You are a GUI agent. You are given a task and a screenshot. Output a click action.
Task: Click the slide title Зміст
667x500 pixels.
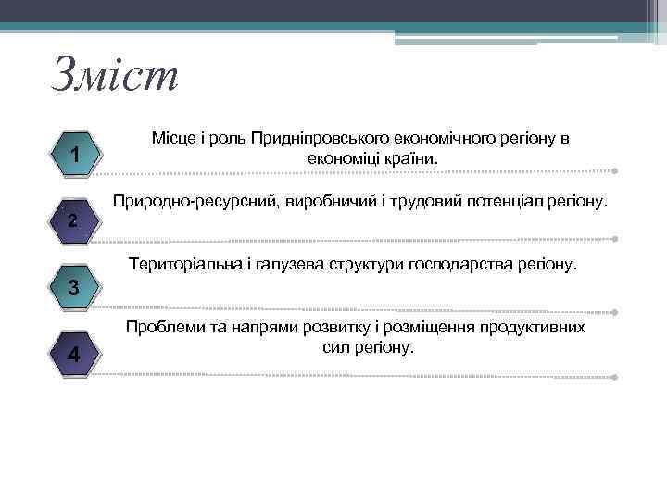[x=114, y=74]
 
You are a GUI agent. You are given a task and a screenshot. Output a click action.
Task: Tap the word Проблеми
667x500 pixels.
[x=164, y=328]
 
